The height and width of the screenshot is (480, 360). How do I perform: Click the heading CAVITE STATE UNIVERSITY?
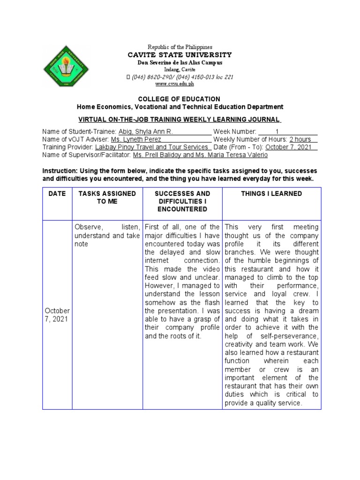180,55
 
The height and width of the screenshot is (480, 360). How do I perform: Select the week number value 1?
277,132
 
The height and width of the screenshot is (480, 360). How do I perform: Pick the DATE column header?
57,194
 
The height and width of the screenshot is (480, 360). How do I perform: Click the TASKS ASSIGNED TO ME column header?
107,197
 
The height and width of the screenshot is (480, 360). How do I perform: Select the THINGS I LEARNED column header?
271,194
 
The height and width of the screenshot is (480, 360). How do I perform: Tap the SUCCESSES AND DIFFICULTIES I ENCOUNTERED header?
183,201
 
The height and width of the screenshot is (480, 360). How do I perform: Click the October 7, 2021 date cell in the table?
57,315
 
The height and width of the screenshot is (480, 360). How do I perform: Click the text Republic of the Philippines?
180,47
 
